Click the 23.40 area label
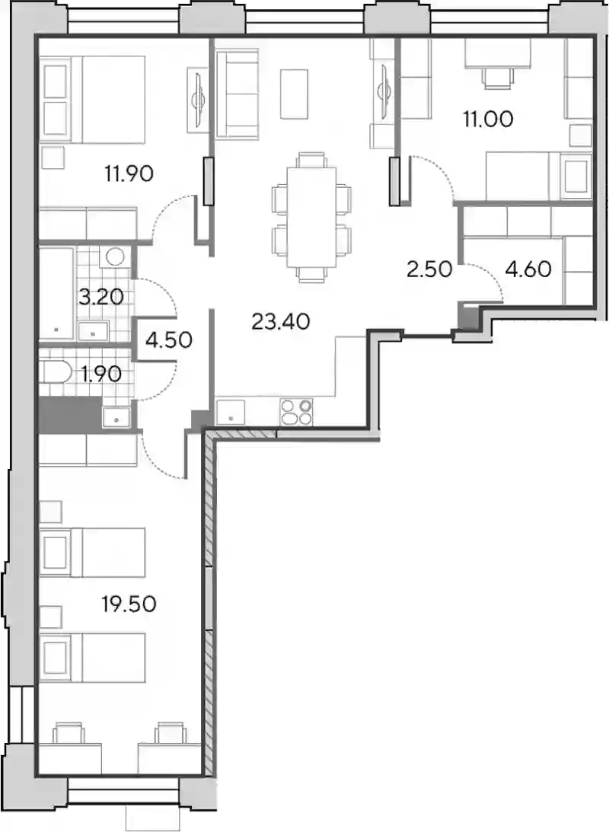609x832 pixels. [x=281, y=321]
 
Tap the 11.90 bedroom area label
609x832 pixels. [x=129, y=173]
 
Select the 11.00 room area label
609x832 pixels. [x=488, y=119]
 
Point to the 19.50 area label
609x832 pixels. [x=129, y=604]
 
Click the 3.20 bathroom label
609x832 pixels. [x=100, y=297]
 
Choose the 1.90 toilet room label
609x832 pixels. [x=100, y=375]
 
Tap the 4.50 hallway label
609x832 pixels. [x=169, y=339]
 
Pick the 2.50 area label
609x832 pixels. [x=429, y=269]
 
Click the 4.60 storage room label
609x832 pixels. [x=528, y=269]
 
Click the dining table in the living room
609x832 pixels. [x=311, y=217]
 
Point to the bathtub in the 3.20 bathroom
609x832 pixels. [x=56, y=293]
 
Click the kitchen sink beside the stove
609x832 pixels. [x=231, y=413]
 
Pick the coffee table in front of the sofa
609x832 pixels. [x=294, y=94]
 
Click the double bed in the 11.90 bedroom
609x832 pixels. [x=94, y=99]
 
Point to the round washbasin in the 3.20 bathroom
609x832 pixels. [x=115, y=257]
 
